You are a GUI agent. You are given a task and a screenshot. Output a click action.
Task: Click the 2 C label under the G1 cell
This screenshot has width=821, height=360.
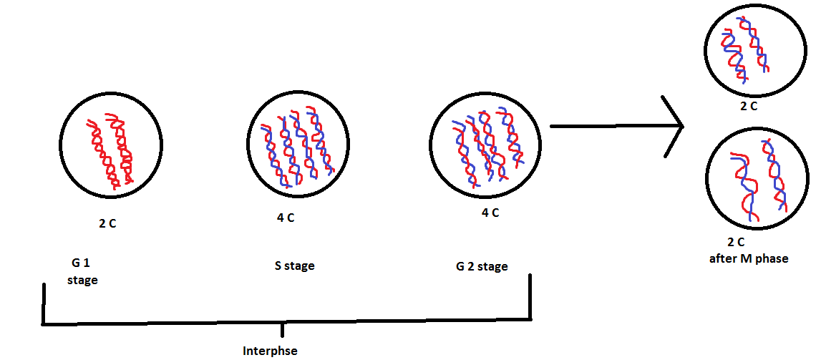pos(107,223)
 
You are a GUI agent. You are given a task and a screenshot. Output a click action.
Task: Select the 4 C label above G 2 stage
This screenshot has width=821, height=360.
pos(490,213)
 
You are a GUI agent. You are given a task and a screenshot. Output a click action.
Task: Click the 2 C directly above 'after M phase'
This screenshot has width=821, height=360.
pos(735,242)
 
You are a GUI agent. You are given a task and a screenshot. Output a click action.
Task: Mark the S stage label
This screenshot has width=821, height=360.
pos(294,266)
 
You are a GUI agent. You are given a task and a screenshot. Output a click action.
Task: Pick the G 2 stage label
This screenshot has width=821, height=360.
pos(482,267)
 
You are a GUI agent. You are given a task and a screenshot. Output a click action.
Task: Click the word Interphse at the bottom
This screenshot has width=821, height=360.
pos(269,351)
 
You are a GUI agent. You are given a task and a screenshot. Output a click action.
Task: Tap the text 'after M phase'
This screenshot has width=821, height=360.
pos(749,258)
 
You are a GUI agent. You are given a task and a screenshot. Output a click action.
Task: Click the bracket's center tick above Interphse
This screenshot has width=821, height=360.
pos(284,330)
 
